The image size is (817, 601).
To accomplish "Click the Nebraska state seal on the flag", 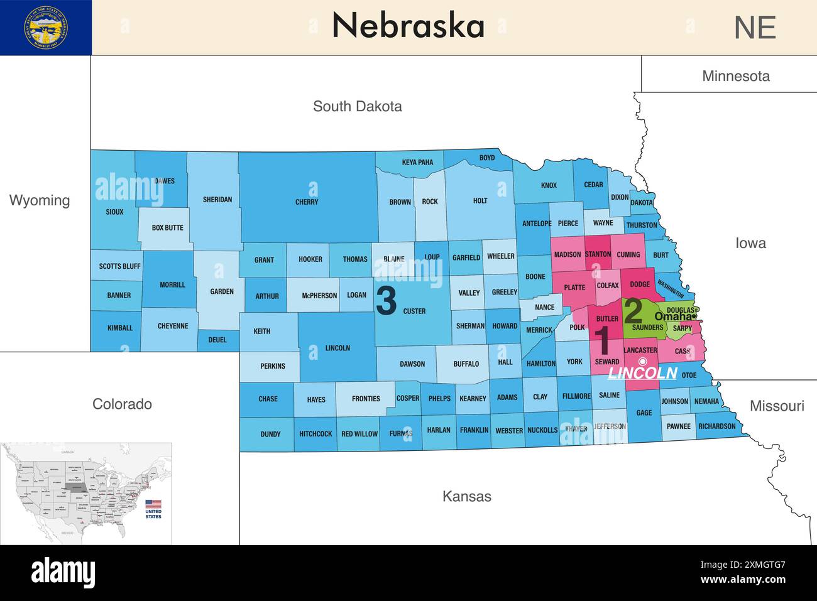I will [47, 28].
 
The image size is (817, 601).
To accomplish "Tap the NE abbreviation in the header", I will [755, 28].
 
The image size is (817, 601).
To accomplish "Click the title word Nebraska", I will [408, 26].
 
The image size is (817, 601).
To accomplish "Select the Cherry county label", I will [307, 202].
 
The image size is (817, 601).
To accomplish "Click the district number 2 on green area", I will [633, 311].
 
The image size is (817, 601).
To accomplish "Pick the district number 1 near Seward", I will [602, 341].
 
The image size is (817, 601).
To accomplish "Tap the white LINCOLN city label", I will [642, 373].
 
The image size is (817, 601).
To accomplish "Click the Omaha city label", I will [673, 317].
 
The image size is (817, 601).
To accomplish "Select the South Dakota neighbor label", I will [357, 106].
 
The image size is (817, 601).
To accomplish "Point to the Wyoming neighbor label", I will [40, 200].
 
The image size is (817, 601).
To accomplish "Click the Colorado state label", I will [122, 404].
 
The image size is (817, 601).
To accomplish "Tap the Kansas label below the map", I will [466, 496].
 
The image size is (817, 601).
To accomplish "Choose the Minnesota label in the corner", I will [735, 76].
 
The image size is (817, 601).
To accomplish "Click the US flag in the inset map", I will [153, 504].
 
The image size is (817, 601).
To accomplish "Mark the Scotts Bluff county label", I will [119, 266].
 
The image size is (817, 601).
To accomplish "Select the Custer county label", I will [414, 311].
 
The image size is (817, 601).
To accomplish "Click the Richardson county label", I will [716, 426].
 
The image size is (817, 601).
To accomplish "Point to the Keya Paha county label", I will [417, 163].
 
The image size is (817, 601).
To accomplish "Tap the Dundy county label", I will [270, 434].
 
